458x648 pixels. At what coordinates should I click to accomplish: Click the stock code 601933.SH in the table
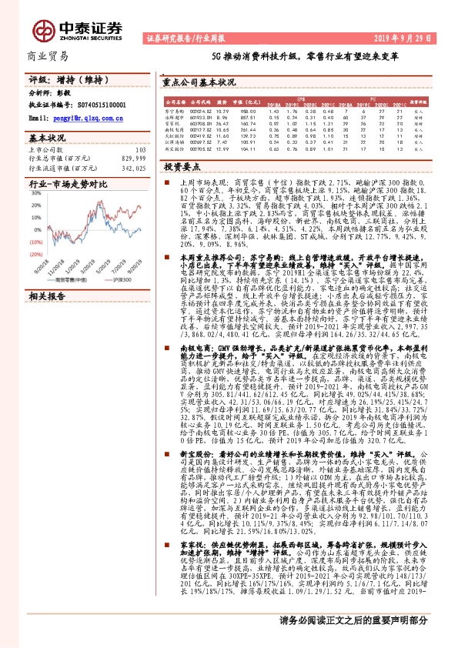(200, 115)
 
